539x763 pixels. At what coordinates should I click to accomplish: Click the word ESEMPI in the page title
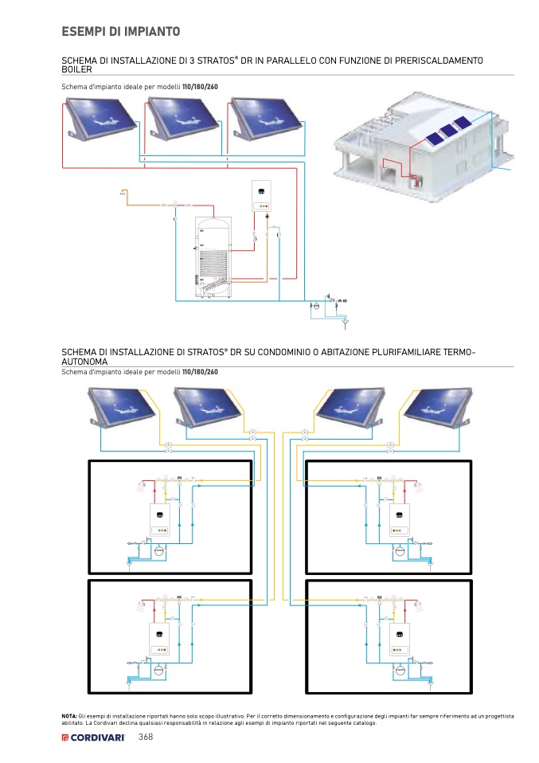(83, 32)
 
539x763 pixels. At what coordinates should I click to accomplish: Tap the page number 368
(146, 737)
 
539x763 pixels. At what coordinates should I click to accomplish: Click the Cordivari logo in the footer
(96, 738)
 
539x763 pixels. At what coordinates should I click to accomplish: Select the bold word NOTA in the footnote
(70, 716)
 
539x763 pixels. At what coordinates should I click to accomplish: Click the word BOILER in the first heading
(77, 70)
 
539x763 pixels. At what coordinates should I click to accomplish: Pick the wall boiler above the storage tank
(262, 196)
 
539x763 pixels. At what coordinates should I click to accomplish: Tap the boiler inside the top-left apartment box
(161, 522)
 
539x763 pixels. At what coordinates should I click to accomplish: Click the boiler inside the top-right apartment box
(400, 522)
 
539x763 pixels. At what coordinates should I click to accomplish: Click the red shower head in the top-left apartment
(143, 483)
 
